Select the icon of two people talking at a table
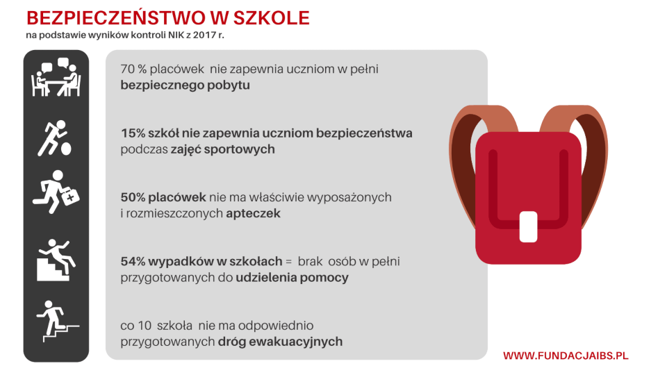pyautogui.click(x=56, y=79)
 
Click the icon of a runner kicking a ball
pyautogui.click(x=56, y=138)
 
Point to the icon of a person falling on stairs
pyautogui.click(x=56, y=258)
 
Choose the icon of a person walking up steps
pyautogui.click(x=56, y=320)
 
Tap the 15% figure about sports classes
pyautogui.click(x=133, y=133)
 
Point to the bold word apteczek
pyautogui.click(x=253, y=214)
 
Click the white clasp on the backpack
pyautogui.click(x=529, y=226)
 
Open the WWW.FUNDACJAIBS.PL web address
pyautogui.click(x=566, y=356)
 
